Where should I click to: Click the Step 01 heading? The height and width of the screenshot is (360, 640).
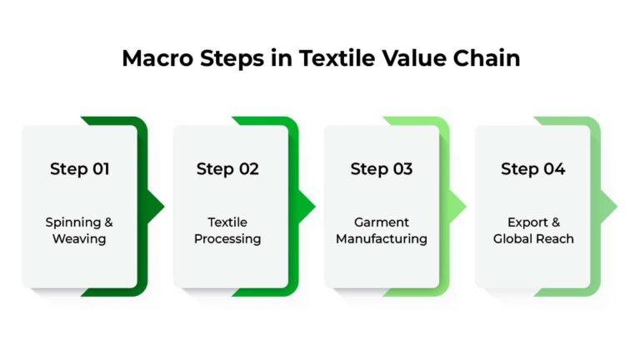click(x=80, y=169)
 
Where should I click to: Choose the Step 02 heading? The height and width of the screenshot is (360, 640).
click(x=227, y=169)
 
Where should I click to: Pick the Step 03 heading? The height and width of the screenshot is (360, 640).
click(x=382, y=169)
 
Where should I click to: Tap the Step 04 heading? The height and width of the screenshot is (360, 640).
click(x=532, y=169)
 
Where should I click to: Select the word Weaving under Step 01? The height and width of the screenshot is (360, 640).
click(x=79, y=239)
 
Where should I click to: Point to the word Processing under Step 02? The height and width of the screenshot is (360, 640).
click(x=227, y=239)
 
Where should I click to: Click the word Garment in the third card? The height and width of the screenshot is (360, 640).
click(x=382, y=222)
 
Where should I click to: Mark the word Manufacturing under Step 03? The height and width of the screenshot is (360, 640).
click(x=382, y=239)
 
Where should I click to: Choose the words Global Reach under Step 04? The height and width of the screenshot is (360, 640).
click(x=533, y=239)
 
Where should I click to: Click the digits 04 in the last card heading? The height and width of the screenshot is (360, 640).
click(x=554, y=169)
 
